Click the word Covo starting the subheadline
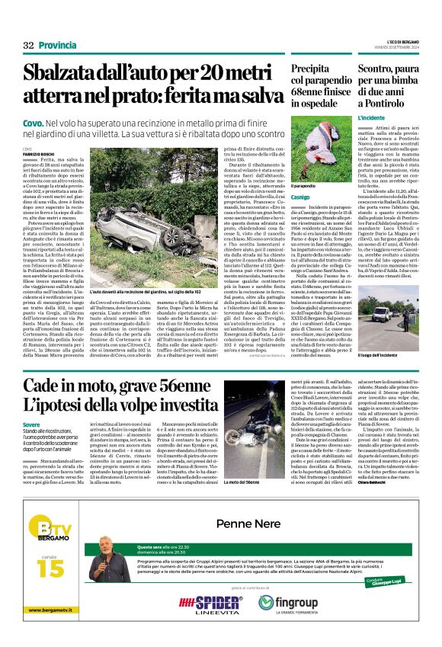pyautogui.click(x=33, y=122)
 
